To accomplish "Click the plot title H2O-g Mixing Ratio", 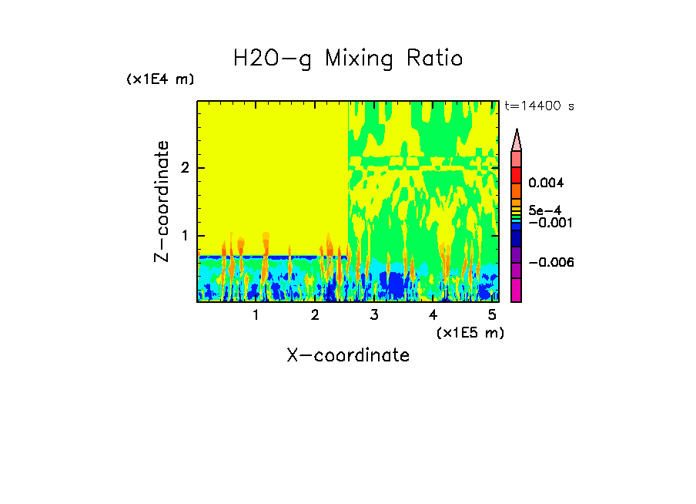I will [x=348, y=59].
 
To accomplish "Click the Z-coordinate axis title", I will [x=162, y=201].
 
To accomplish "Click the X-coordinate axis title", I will [x=348, y=355].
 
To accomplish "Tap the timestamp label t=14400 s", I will [x=539, y=106].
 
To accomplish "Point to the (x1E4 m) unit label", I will [x=160, y=79].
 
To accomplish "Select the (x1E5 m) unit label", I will [x=470, y=332].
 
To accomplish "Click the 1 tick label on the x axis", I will [x=256, y=314].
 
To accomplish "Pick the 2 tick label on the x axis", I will [x=315, y=314].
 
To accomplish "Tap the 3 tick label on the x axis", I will [x=374, y=314].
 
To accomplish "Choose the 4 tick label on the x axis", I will [x=433, y=314].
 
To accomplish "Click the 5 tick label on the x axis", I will [x=491, y=314].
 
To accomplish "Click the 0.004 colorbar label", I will [x=547, y=183].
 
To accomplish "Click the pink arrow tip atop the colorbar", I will [x=517, y=139].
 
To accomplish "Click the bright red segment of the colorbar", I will [x=517, y=175].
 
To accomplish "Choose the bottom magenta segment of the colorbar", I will [x=517, y=290].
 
